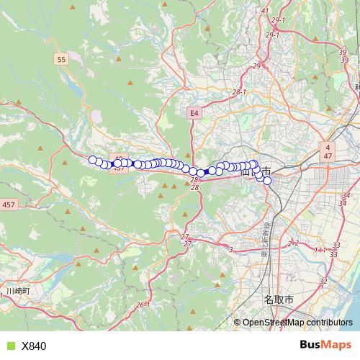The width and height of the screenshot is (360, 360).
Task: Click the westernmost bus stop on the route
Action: [x=92, y=160]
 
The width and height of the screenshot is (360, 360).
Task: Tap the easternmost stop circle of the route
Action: [x=267, y=181]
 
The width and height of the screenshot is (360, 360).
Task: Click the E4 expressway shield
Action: [x=194, y=113]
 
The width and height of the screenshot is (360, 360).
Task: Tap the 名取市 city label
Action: [x=278, y=298]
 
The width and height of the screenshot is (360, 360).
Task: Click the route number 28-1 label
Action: [x=239, y=92]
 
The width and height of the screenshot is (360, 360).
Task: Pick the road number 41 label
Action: [x=264, y=11]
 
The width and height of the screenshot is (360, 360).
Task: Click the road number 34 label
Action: [x=344, y=195]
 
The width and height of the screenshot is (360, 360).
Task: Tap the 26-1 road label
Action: [x=141, y=305]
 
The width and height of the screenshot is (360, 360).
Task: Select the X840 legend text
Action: [x=34, y=346]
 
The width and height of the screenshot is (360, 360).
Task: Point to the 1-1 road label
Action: [x=320, y=249]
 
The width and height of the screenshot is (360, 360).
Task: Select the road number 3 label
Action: [x=231, y=249]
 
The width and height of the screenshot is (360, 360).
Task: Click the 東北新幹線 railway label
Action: [x=264, y=238]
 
